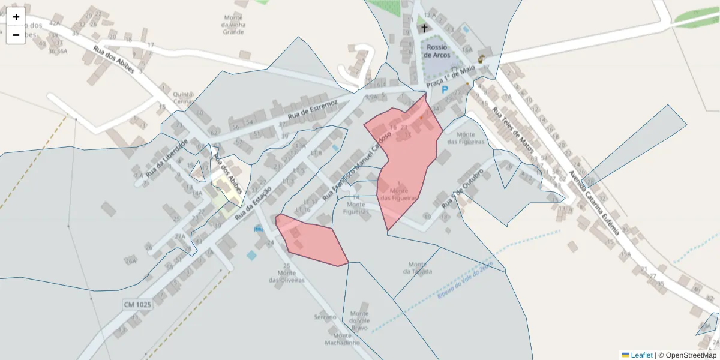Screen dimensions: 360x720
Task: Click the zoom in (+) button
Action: (16, 17)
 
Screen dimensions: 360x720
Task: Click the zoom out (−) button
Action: (16, 35)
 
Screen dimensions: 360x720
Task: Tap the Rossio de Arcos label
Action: (437, 51)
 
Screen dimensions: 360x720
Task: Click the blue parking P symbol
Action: (445, 90)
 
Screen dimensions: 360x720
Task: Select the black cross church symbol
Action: (424, 28)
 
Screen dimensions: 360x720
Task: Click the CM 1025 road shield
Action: (138, 304)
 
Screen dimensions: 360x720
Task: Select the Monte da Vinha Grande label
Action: (233, 25)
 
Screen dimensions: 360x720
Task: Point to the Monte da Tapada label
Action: (418, 268)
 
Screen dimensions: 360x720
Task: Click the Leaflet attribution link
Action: (641, 355)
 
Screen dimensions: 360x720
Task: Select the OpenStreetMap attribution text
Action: (691, 355)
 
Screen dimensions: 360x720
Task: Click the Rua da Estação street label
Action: (254, 202)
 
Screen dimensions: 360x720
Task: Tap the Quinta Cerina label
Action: (184, 98)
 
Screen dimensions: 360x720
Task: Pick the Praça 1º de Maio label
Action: (451, 77)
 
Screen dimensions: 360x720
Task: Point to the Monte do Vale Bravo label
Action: (359, 321)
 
